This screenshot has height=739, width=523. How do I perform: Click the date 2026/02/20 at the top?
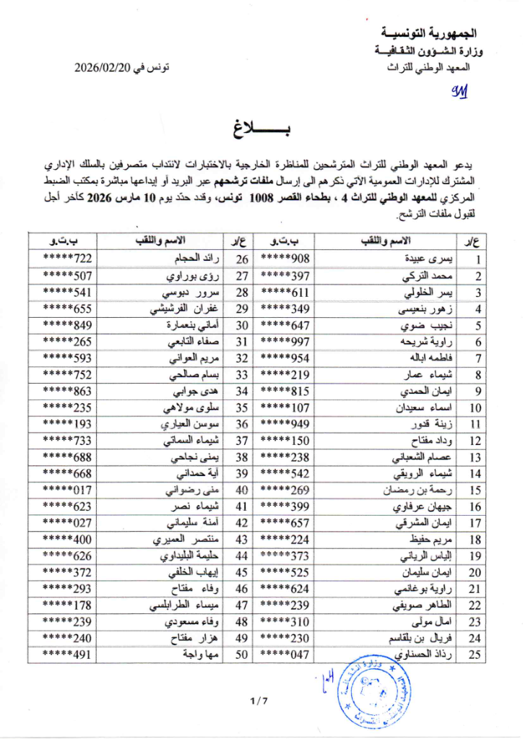pos(110,69)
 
